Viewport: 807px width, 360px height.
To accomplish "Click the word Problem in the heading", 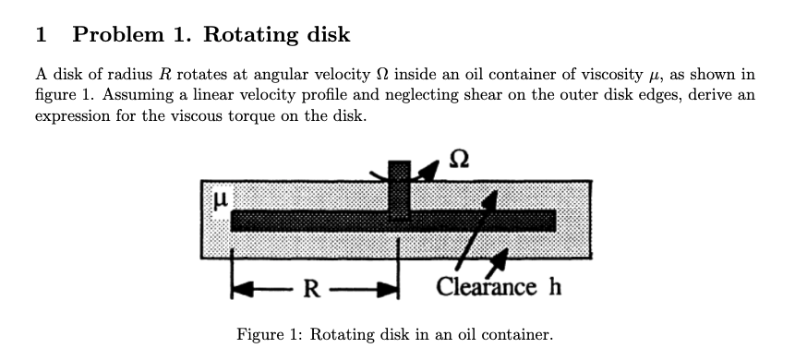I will pos(114,36).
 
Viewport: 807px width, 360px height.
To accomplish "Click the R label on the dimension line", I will pos(312,288).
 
